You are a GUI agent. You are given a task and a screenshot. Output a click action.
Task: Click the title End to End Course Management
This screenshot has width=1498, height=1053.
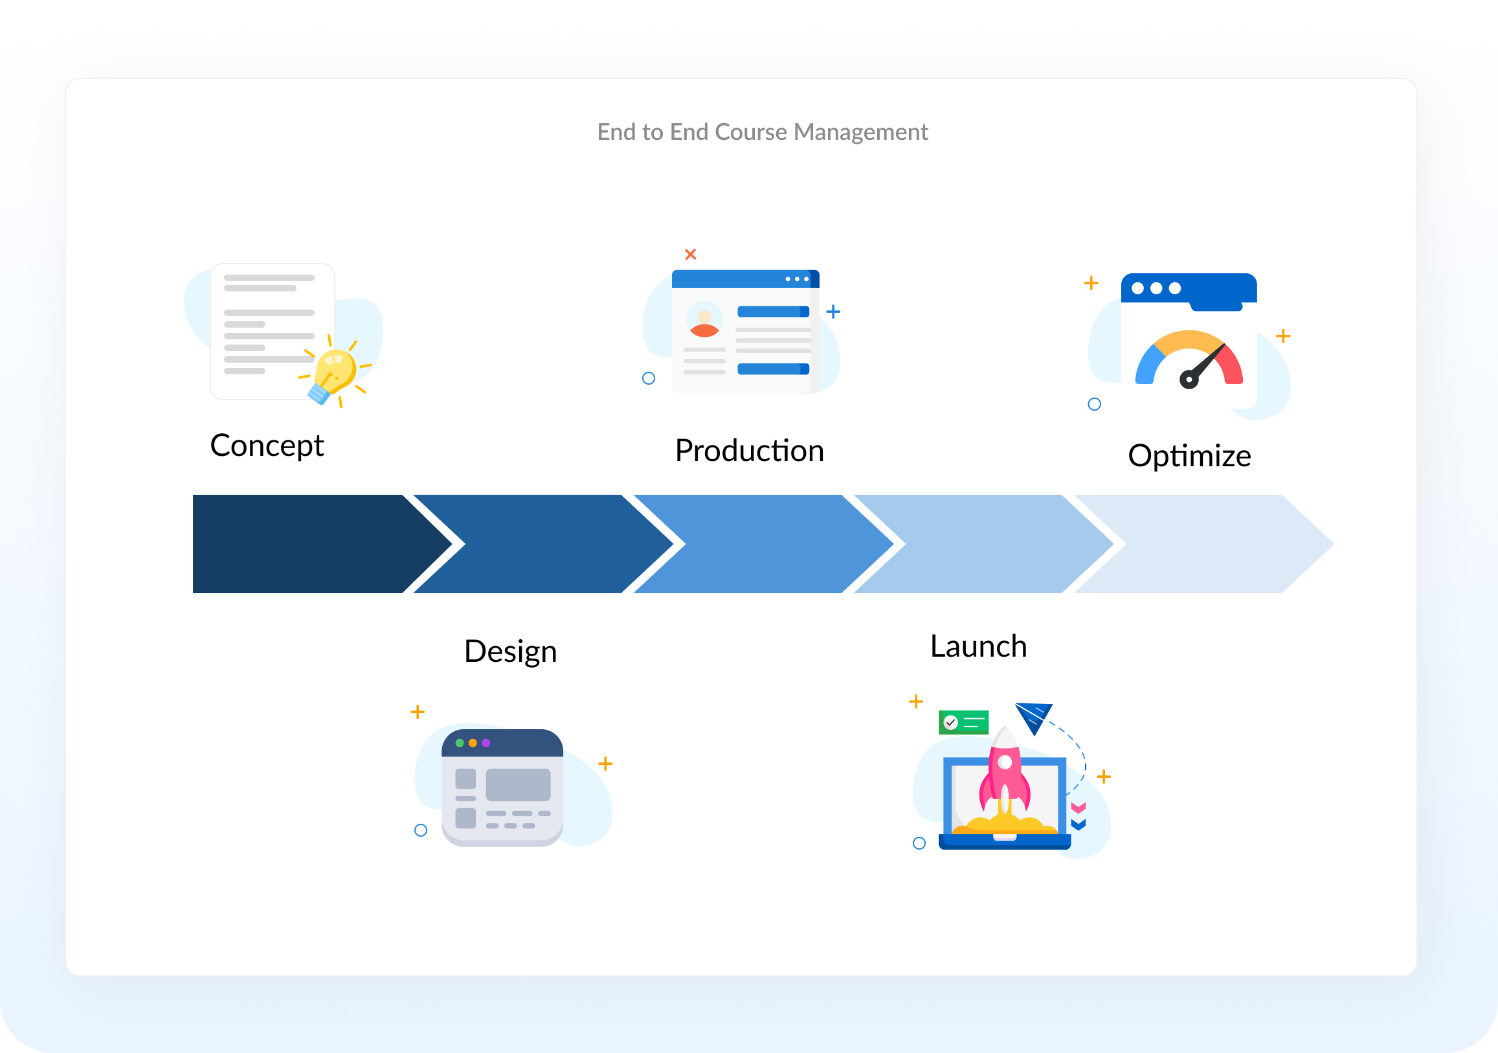(x=762, y=132)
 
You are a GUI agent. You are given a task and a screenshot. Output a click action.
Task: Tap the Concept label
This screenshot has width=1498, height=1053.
(x=266, y=446)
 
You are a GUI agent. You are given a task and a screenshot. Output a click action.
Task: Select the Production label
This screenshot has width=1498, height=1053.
(x=749, y=451)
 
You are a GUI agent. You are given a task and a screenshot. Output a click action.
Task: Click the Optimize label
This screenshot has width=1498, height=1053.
(x=1189, y=456)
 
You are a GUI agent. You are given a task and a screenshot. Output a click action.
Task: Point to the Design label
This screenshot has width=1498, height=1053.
(x=510, y=651)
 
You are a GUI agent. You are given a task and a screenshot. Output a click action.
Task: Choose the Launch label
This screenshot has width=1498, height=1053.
(x=978, y=646)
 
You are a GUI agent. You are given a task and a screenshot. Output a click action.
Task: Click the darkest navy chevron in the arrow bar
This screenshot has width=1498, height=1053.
(x=307, y=544)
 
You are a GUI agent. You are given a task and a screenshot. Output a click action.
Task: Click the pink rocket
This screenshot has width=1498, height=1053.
(x=1005, y=774)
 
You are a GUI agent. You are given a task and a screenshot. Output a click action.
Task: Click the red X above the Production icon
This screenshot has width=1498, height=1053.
(x=690, y=254)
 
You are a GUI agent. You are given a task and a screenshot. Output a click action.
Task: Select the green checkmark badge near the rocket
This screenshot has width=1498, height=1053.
(x=963, y=722)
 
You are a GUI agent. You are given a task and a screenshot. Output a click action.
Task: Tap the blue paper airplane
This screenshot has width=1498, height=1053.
(x=1034, y=716)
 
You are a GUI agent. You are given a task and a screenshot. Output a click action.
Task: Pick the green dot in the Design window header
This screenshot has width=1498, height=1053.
(x=460, y=743)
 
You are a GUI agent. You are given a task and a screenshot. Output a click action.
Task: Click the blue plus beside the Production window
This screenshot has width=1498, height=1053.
(x=833, y=311)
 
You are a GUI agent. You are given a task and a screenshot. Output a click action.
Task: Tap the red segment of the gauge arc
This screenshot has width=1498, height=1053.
(x=1232, y=366)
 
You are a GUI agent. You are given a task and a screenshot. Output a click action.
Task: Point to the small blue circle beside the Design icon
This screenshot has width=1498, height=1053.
(x=421, y=830)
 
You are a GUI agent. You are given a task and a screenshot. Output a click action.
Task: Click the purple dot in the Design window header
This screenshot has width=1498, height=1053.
(x=486, y=743)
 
